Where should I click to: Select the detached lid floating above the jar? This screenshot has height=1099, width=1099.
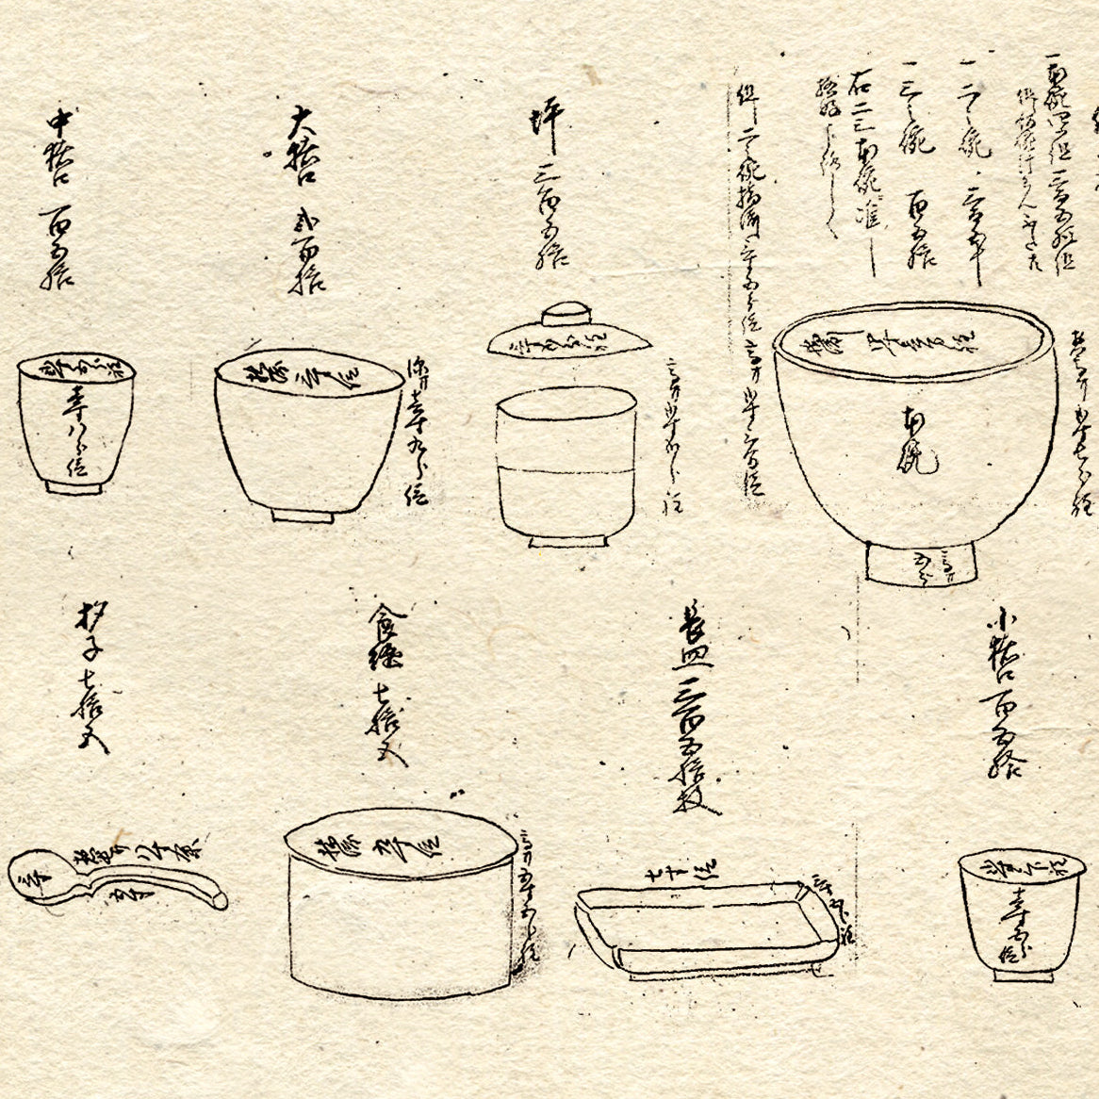568,337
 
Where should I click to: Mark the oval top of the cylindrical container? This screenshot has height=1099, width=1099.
400,843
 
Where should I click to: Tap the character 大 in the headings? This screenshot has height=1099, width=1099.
301,123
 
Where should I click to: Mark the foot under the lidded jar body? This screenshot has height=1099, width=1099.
566,541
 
